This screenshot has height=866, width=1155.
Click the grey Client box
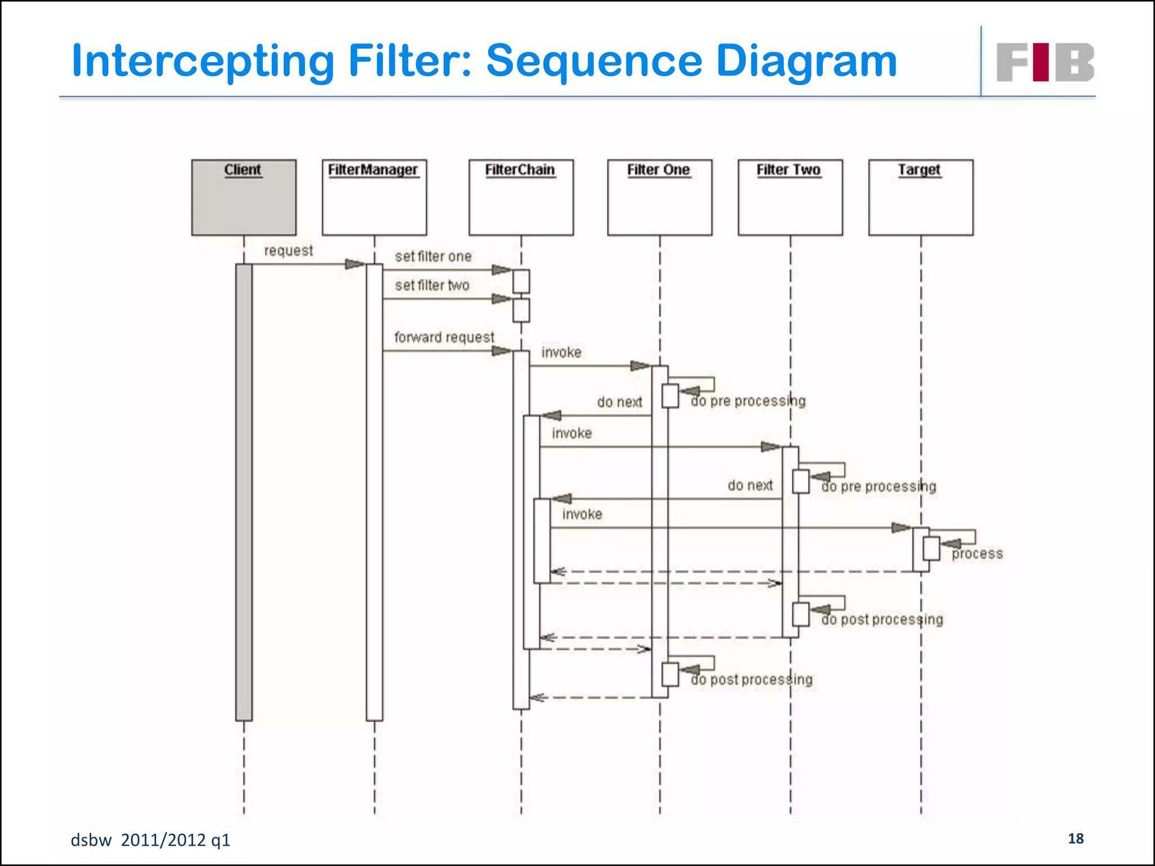[x=244, y=197]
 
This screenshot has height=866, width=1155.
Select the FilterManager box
[x=374, y=197]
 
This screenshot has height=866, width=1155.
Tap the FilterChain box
[x=521, y=197]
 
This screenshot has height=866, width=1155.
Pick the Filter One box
[x=659, y=197]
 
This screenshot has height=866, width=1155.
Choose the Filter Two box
[x=790, y=197]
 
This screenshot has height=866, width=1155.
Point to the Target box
[x=920, y=197]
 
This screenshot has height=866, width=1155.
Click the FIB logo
[x=1045, y=62]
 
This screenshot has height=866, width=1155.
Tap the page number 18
[x=1075, y=838]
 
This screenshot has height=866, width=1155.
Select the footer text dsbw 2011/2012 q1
[x=150, y=840]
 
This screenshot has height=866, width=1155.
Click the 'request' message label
[x=288, y=250]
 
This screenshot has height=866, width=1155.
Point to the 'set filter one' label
[x=433, y=257]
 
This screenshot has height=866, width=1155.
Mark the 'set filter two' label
[x=432, y=285]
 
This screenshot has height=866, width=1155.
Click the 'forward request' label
[x=444, y=337]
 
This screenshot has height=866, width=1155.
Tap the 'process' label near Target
[x=977, y=554]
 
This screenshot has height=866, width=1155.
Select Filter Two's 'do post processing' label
[x=882, y=620]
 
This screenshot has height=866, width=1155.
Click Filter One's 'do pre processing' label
[x=748, y=401]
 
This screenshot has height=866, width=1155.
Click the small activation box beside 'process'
[x=931, y=549]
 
